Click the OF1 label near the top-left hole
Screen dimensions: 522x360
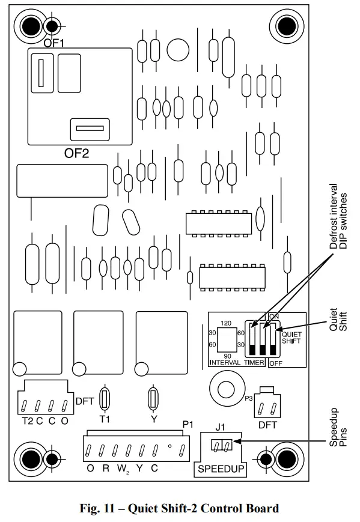tap(53, 43)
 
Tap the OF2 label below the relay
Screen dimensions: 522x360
tap(76, 153)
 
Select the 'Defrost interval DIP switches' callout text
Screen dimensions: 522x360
tap(338, 216)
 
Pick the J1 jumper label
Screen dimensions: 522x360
tap(219, 428)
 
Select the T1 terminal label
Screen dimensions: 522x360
tap(105, 420)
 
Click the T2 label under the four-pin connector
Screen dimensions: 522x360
tap(28, 420)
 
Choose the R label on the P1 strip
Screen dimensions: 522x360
tap(106, 469)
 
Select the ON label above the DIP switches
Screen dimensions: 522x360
tap(274, 317)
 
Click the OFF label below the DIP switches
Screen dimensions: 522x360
tap(275, 363)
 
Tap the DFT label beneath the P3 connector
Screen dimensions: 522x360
tap(267, 425)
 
